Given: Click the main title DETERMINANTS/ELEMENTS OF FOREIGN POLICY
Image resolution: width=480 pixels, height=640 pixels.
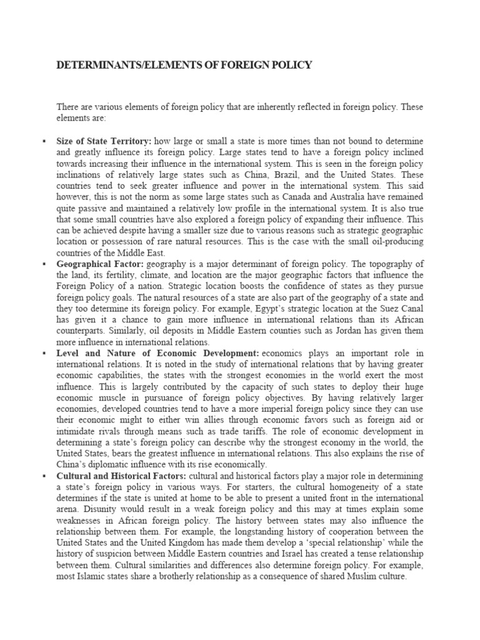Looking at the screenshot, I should click(184, 65).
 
